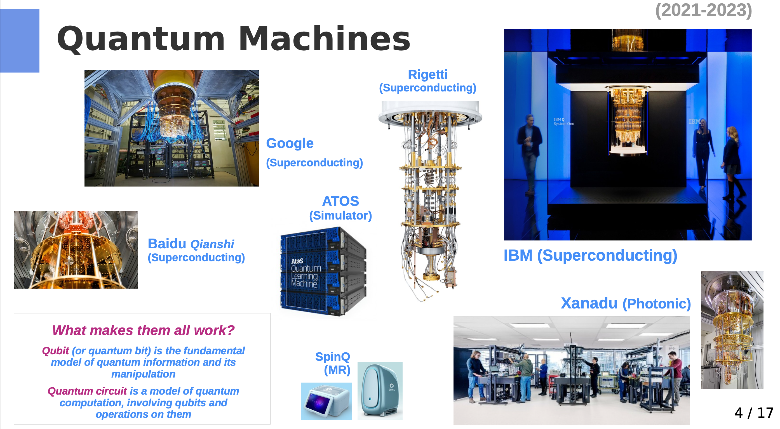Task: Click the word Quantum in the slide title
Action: coord(141,39)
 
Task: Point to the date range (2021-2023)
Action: coord(703,10)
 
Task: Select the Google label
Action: coord(290,143)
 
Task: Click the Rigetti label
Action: coord(427,74)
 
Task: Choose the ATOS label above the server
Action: coord(340,201)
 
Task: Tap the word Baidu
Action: coord(167,244)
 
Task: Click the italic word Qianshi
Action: coord(212,244)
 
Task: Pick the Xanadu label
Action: coord(589,303)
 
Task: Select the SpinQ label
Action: coord(332,357)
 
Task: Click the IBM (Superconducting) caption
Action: coord(590,255)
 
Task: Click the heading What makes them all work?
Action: coord(143,330)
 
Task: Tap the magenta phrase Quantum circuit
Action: coord(87,391)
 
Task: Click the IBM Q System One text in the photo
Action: coord(563,121)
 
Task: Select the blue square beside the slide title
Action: coord(20,41)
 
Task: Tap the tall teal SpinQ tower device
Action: coord(380,391)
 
